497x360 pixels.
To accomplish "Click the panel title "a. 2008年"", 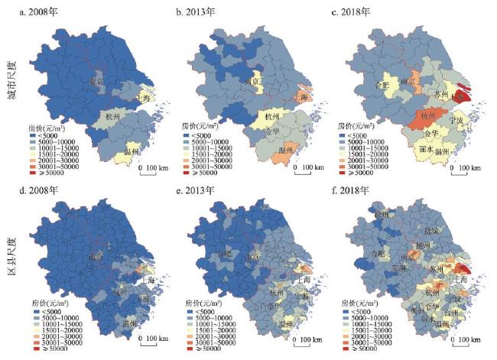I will (50, 12).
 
